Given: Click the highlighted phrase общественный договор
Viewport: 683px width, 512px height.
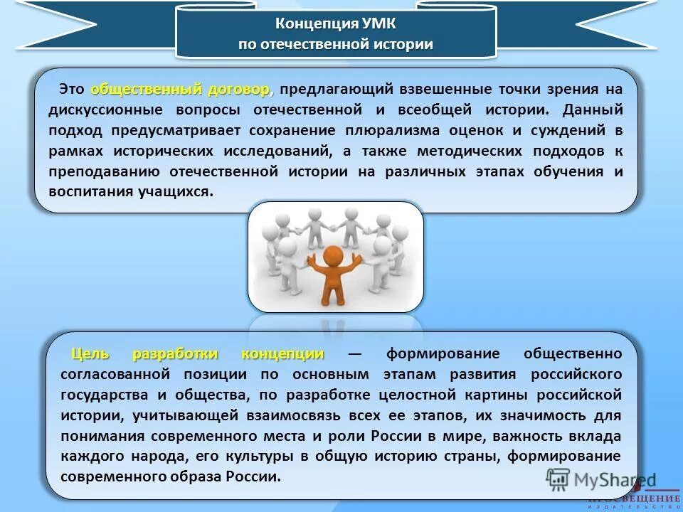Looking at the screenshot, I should pyautogui.click(x=181, y=90).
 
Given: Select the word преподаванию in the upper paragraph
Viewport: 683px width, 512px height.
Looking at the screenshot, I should pyautogui.click(x=102, y=171).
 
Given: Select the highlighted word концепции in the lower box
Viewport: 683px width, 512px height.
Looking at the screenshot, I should pyautogui.click(x=282, y=353).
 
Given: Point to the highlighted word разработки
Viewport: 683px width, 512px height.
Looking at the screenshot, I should pyautogui.click(x=175, y=353).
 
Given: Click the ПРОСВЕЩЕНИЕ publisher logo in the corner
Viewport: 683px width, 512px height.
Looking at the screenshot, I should pyautogui.click(x=634, y=500).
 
